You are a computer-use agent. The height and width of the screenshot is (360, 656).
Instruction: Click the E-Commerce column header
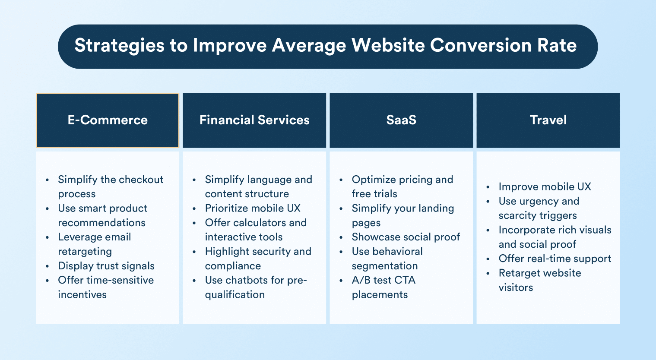pos(108,120)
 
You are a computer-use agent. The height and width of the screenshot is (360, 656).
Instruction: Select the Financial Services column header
pos(254,120)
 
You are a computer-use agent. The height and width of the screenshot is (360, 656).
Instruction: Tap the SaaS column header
pos(401,120)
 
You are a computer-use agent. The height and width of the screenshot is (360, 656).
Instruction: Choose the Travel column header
pos(548,120)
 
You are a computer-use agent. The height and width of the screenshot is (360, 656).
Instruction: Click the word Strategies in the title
pos(119,46)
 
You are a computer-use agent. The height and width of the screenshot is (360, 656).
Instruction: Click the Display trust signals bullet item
pos(106,266)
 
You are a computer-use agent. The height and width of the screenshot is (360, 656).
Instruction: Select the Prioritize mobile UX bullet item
pos(253,208)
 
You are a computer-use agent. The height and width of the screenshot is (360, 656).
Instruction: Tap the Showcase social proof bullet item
pos(406,237)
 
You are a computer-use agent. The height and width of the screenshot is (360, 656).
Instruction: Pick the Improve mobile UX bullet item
pos(545,186)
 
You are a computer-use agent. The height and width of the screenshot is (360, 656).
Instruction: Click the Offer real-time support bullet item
pos(555,259)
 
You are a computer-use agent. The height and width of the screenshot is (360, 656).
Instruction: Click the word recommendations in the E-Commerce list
pos(102,223)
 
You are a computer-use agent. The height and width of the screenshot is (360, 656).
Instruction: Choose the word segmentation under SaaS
pos(385,266)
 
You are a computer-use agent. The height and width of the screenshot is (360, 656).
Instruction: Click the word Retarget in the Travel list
pos(518,273)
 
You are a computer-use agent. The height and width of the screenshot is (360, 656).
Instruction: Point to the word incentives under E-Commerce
pos(82,295)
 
